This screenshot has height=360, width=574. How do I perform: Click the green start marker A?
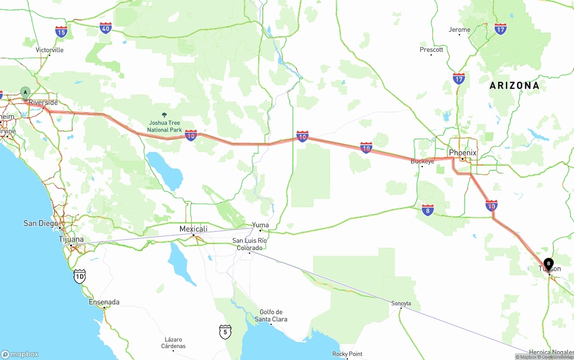point(26,92)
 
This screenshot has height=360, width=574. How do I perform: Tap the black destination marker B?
point(548,264)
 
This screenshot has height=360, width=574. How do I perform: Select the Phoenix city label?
point(462,153)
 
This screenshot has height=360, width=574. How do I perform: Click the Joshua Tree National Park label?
point(164,126)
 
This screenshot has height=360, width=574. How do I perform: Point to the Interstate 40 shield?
point(106,28)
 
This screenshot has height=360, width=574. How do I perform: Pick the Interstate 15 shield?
point(61,31)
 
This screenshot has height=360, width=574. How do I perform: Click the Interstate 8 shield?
point(428,209)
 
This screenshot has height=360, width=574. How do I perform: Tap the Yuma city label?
point(261,225)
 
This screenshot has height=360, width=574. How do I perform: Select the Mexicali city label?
point(193,229)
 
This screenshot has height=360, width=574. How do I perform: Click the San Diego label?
point(41,223)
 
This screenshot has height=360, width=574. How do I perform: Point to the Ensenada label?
point(104,302)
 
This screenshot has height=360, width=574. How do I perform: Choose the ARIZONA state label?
point(514,86)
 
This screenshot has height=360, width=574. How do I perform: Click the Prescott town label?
point(431,50)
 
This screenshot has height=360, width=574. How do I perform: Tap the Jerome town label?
point(460,30)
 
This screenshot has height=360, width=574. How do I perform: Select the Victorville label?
point(50,50)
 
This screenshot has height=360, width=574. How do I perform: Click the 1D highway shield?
point(79,276)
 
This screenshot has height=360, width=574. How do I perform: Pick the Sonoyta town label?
point(401,304)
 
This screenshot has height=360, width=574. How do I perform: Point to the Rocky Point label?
point(347,354)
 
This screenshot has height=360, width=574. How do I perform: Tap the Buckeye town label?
point(422,161)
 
